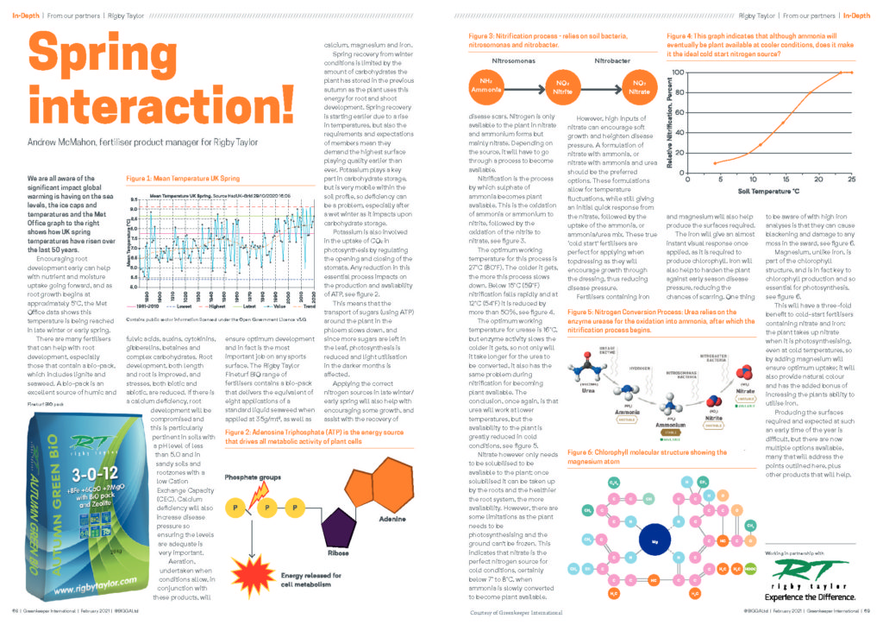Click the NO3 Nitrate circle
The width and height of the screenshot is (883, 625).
click(636, 85)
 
